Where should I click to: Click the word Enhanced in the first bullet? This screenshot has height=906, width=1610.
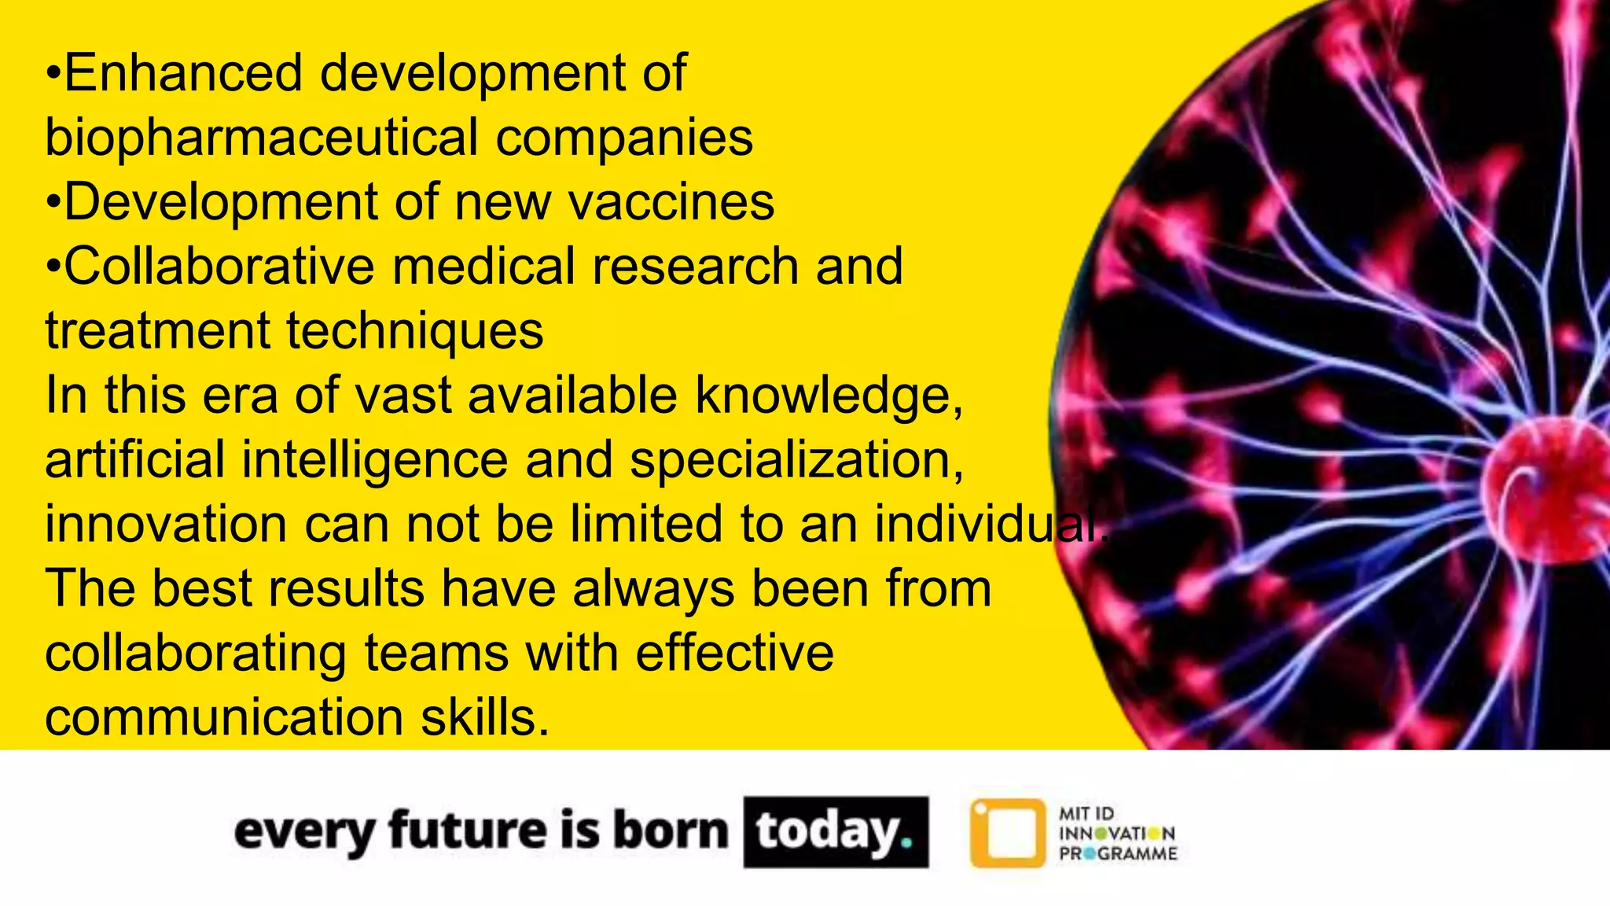182,73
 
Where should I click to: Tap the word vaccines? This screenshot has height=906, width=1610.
671,202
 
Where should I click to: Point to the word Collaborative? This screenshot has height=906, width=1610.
219,267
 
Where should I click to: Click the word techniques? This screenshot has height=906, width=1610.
414,331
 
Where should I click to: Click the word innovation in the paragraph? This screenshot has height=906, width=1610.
166,525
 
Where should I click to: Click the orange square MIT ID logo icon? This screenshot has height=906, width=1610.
1008,833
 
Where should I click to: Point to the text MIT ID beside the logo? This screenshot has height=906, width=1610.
1086,813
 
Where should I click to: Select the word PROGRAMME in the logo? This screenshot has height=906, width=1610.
1118,854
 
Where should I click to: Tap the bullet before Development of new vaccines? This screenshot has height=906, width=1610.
53,203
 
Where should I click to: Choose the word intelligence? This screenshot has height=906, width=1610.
374,460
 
